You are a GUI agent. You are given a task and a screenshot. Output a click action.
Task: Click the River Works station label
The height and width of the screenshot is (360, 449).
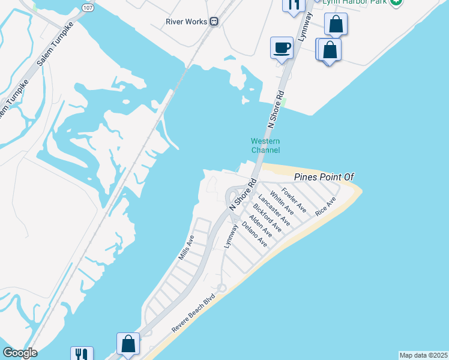(187, 22)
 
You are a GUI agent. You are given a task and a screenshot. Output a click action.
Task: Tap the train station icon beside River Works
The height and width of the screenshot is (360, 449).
(214, 22)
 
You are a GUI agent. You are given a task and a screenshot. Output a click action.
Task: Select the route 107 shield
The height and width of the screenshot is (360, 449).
(88, 8)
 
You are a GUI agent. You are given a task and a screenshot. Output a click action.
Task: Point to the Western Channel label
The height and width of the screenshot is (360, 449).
(265, 146)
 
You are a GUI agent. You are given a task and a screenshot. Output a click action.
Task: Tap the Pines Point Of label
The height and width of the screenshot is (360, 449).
(325, 177)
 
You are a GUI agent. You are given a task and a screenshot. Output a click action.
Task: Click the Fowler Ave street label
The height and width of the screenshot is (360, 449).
(294, 200)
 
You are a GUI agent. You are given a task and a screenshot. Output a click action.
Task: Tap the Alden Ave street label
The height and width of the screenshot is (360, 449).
(261, 226)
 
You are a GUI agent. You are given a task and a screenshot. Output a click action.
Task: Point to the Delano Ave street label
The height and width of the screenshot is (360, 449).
(254, 235)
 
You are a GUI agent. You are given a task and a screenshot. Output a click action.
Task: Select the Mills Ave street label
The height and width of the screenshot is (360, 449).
(187, 247)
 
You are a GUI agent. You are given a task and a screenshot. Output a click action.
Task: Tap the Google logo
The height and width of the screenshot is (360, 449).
(20, 353)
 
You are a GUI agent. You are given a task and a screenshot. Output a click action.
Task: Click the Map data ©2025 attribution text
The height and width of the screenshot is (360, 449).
(423, 355)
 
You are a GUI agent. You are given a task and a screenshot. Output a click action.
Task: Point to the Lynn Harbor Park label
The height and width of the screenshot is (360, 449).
(353, 2)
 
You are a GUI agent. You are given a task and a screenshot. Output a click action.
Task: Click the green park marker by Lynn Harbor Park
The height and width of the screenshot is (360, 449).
(396, 2)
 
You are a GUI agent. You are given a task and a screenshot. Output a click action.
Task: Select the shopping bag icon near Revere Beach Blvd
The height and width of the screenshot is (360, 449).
(128, 344)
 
